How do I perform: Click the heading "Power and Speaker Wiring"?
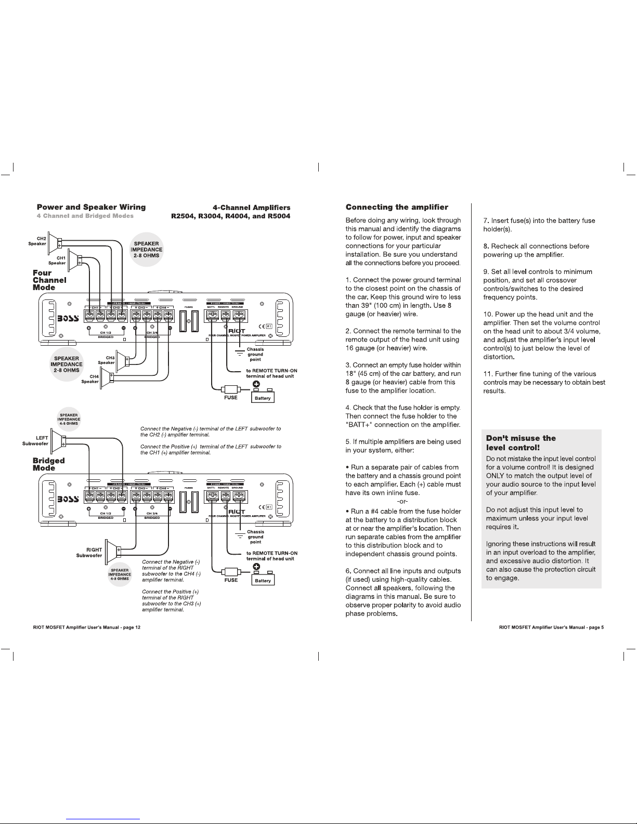pos(91,207)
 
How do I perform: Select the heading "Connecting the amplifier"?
pos(397,207)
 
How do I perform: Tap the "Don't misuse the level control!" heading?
pos(521,442)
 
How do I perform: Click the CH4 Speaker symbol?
pos(109,377)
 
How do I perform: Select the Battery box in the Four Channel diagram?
pos(263,398)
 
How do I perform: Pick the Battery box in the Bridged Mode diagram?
pos(263,580)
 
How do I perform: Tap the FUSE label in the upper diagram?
pos(230,398)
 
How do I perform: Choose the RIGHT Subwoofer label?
pos(89,552)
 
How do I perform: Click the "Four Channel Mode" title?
pos(49,280)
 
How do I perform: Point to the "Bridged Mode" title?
pos(48,464)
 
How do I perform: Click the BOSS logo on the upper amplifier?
pos(68,318)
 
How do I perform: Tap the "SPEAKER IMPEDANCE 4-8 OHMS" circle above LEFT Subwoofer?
pos(69,420)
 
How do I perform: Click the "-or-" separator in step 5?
pos(402,502)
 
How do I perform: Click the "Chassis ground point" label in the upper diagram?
pos(255,355)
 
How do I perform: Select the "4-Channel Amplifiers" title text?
pos(252,207)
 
